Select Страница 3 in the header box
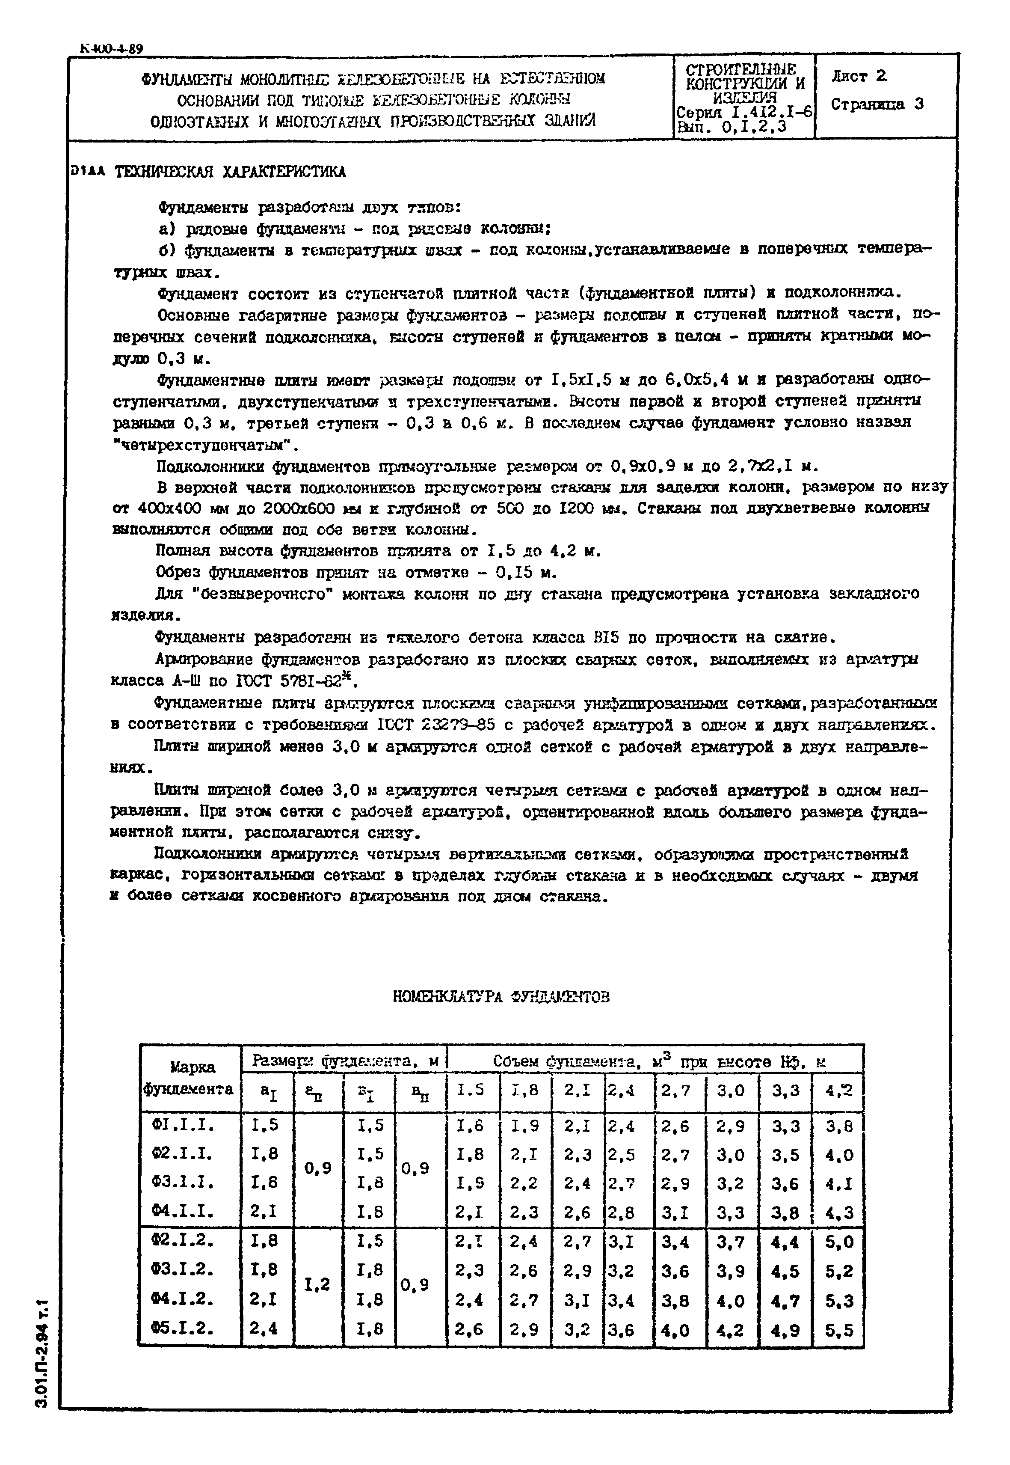877,104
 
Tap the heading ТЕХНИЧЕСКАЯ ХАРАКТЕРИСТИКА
229,172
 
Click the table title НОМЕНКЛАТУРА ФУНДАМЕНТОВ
501,997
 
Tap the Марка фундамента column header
190,1078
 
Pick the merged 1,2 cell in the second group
318,1284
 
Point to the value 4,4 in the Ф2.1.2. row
785,1242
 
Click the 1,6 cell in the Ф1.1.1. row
470,1126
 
